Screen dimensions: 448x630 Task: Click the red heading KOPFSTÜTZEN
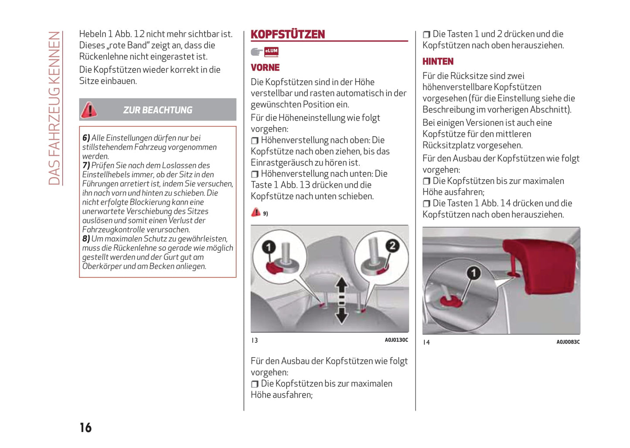coord(288,34)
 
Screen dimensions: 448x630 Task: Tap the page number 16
coord(86,427)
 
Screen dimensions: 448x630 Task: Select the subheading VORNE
coord(265,68)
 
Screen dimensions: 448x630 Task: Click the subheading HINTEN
coord(438,62)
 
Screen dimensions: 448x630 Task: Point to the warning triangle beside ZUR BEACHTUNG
coord(89,110)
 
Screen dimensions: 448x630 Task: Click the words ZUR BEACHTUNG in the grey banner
coord(157,110)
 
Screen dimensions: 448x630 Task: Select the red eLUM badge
coord(271,51)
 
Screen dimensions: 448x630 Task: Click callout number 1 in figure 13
coord(269,247)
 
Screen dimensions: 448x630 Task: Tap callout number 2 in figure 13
coord(392,246)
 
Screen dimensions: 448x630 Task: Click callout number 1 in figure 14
coord(473,273)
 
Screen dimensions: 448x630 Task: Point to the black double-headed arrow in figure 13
coord(342,301)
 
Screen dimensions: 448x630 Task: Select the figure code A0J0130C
coord(396,340)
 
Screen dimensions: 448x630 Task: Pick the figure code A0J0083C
coord(568,342)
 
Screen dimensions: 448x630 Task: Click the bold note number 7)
coord(86,165)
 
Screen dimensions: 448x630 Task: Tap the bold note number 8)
coord(86,239)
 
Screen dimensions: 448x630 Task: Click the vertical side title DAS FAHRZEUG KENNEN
coord(54,108)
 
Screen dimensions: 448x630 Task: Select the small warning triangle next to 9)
coord(255,213)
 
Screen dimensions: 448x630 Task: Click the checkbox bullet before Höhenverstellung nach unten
coord(255,174)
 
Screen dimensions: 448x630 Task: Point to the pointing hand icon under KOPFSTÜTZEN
coord(256,52)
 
